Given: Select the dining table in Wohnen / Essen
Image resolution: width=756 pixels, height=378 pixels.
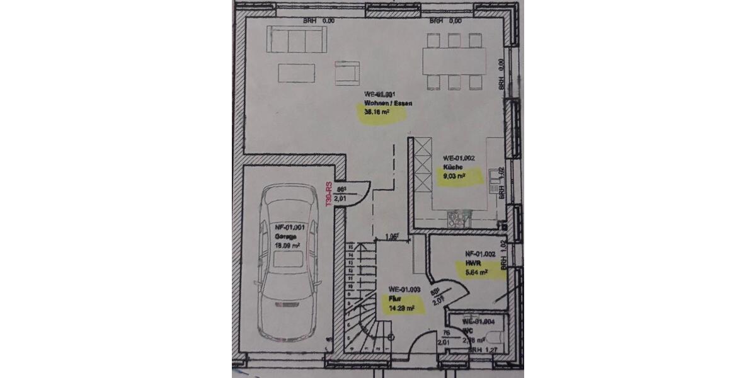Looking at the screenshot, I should [x=454, y=61].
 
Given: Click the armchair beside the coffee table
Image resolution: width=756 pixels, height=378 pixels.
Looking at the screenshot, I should [x=347, y=72].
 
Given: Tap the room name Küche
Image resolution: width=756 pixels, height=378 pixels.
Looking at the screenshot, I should [x=452, y=167].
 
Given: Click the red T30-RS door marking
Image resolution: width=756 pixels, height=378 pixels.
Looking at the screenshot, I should [x=328, y=194].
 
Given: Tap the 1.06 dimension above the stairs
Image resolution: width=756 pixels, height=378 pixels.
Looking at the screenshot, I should [x=392, y=238].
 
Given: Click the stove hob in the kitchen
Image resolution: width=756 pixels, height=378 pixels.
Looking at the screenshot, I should [x=458, y=219].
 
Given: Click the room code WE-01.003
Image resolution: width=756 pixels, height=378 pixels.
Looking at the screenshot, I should [x=404, y=290].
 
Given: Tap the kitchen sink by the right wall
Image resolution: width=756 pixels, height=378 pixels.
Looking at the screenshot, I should [x=495, y=190].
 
